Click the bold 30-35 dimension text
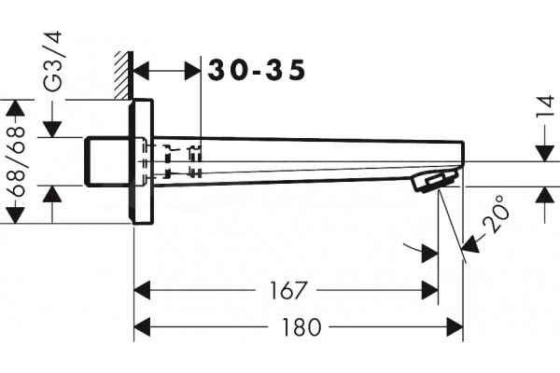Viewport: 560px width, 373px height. pyautogui.click(x=257, y=70)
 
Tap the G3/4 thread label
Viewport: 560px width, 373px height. pyautogui.click(x=52, y=62)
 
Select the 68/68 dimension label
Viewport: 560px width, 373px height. pyautogui.click(x=16, y=162)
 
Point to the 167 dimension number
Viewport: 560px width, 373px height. pyautogui.click(x=288, y=290)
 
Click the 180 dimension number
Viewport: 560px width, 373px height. pyautogui.click(x=301, y=327)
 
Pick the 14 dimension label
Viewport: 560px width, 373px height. pyautogui.click(x=546, y=105)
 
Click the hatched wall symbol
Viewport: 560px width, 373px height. pyautogui.click(x=124, y=75)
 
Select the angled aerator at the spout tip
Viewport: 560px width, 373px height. pyautogui.click(x=435, y=180)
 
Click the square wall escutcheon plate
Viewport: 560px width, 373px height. pyautogui.click(x=141, y=161)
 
